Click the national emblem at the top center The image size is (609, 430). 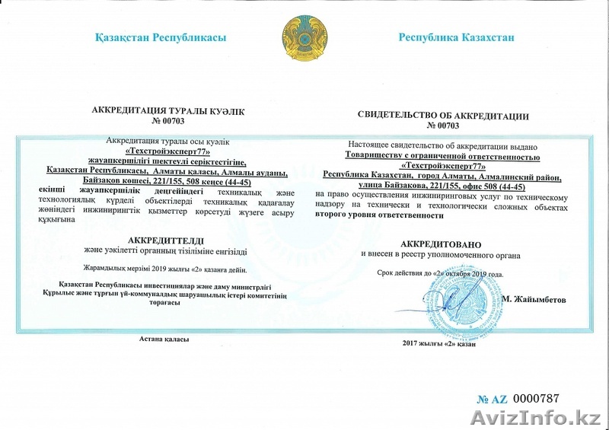(304, 38)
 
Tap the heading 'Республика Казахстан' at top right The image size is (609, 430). (457, 37)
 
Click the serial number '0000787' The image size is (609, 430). (536, 398)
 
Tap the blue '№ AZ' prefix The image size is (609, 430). (492, 399)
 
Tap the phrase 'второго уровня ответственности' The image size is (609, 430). (379, 215)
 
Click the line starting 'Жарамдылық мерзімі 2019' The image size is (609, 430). (165, 269)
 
